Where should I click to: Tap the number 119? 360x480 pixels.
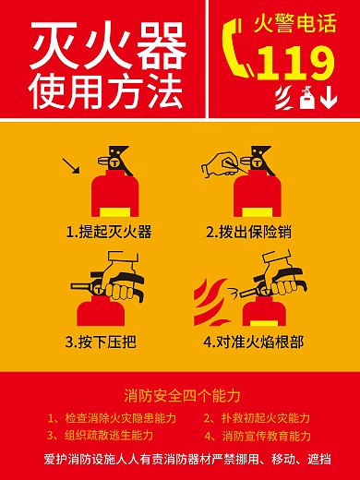(x=295, y=63)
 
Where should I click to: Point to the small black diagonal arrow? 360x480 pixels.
(x=70, y=166)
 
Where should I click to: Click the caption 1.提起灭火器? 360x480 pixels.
(x=109, y=231)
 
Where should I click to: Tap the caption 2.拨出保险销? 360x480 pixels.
(x=248, y=231)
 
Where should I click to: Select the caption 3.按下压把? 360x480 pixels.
(x=101, y=342)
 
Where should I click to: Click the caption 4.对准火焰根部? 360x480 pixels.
(x=253, y=342)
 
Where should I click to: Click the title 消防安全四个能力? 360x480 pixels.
(x=181, y=396)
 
